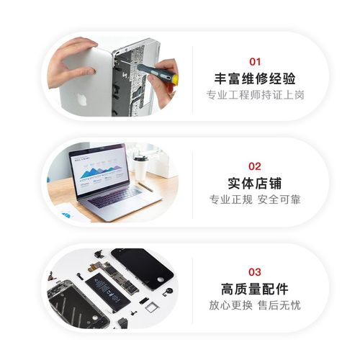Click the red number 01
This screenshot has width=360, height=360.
(x=255, y=62)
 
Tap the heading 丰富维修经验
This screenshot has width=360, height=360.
(x=255, y=79)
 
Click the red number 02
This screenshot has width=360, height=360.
(x=255, y=166)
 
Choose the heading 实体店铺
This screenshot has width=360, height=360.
(x=255, y=183)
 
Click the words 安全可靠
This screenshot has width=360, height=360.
(x=279, y=199)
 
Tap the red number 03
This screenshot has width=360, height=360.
(x=255, y=272)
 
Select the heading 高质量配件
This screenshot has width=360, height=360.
(x=255, y=289)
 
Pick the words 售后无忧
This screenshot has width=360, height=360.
(x=279, y=305)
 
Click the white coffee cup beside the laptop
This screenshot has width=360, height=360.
(x=140, y=167)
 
